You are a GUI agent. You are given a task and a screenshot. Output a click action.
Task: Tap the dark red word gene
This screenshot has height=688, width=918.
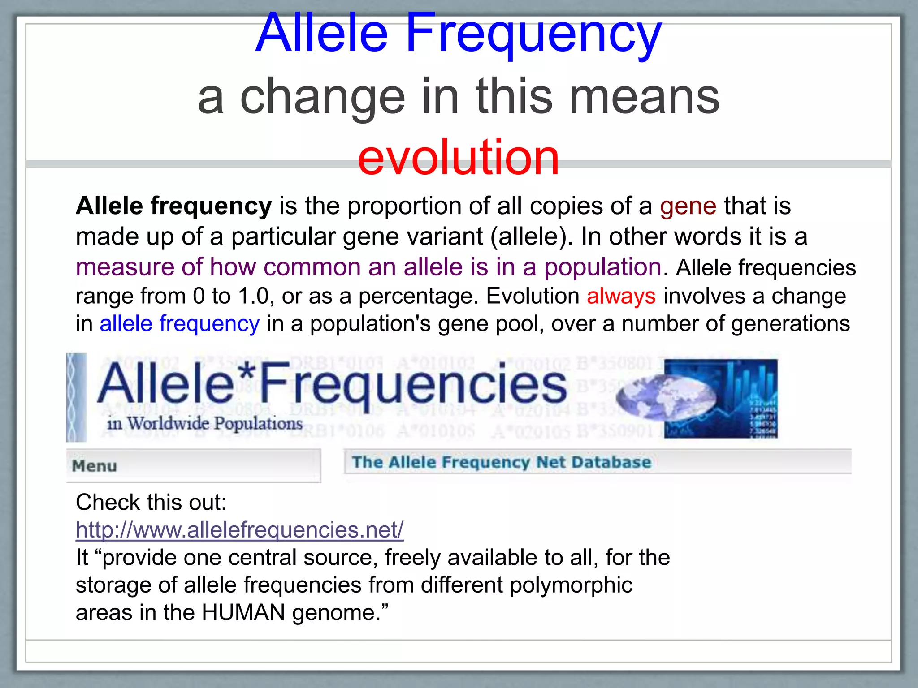tap(688, 206)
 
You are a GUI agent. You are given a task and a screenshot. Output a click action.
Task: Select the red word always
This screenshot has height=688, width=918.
tap(621, 297)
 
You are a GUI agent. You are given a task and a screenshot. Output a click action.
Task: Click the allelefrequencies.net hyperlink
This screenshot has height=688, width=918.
tap(239, 530)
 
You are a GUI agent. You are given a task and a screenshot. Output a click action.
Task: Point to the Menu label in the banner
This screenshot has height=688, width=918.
tap(95, 466)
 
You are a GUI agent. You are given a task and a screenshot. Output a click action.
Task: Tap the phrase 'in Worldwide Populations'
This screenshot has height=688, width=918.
tap(205, 423)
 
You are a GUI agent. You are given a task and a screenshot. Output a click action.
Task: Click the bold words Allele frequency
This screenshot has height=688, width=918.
tap(173, 206)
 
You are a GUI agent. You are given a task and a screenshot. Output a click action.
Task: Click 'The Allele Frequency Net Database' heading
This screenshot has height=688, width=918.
tap(501, 462)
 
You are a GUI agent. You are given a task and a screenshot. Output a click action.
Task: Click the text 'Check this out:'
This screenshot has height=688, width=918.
tap(151, 502)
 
